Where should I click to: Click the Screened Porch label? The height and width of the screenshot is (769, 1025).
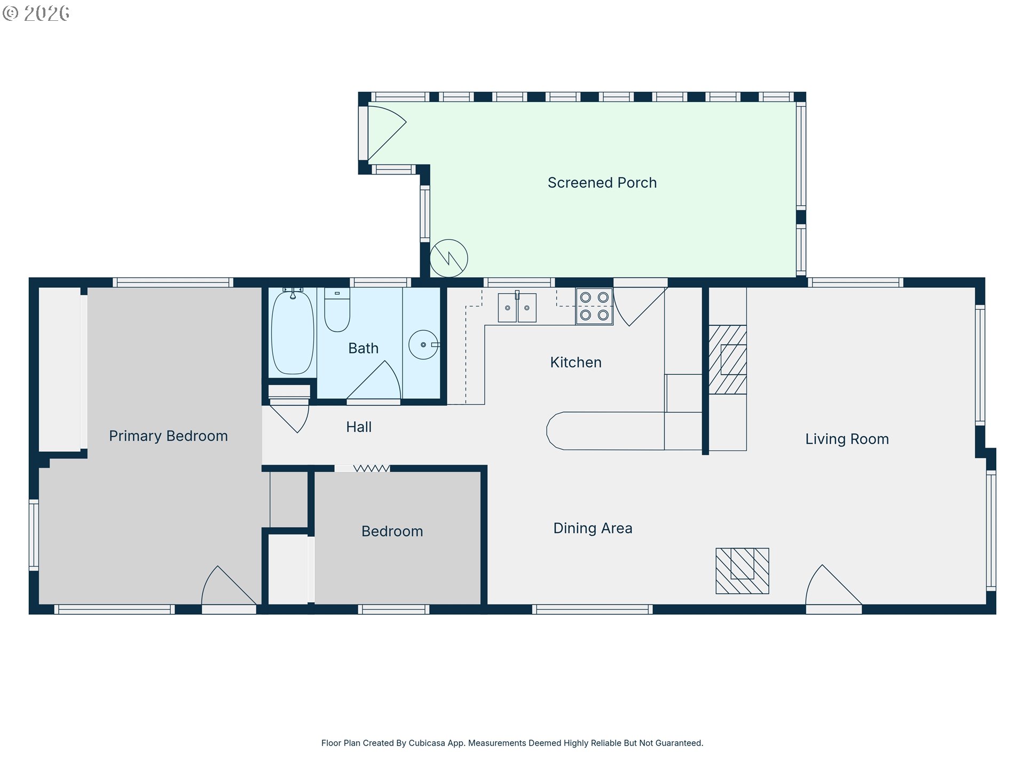[x=602, y=183]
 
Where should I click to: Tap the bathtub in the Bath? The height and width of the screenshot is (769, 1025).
[x=293, y=332]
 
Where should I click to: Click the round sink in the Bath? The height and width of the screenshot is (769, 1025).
[x=423, y=344]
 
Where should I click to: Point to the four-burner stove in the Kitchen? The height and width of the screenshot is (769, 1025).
[x=594, y=306]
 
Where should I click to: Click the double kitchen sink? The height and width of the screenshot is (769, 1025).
[x=517, y=308]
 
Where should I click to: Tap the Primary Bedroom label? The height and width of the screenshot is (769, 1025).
[x=168, y=436]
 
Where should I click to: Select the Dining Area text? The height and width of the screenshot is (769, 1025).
[x=593, y=528]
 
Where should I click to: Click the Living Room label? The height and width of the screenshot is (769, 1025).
[x=847, y=439]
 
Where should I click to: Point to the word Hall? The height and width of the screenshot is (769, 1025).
[x=359, y=427]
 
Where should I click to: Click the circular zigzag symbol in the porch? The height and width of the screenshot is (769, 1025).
[x=449, y=258]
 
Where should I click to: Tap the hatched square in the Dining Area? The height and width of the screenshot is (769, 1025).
[x=742, y=571]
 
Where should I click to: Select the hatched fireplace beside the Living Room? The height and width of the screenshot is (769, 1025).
[x=727, y=359]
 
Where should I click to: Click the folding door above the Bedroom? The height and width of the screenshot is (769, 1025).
[x=371, y=468]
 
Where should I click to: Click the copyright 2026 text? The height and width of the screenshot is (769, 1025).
[x=36, y=13]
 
